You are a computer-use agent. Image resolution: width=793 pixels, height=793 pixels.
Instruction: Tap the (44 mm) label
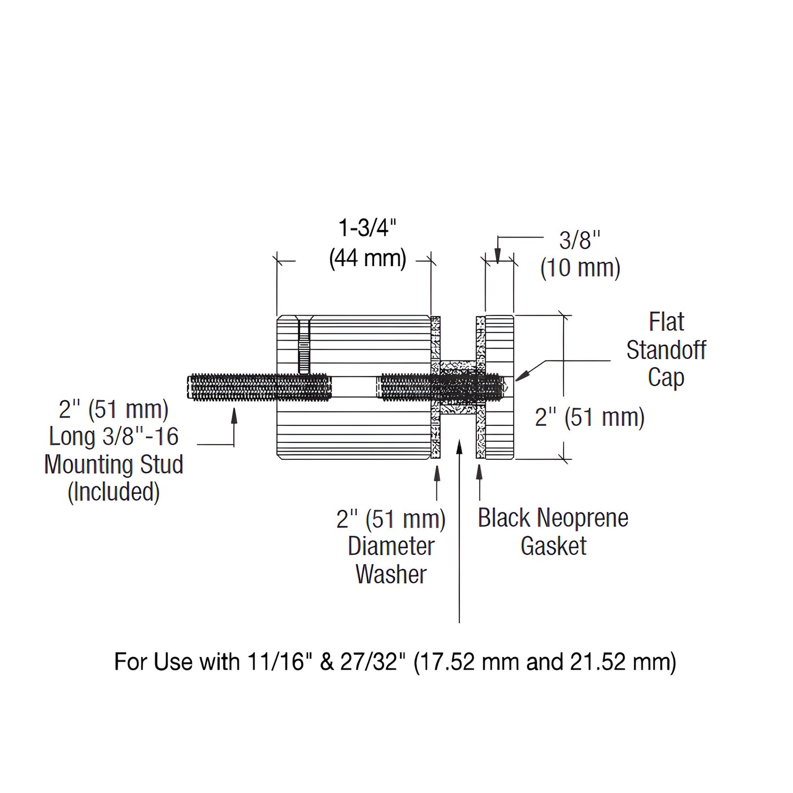tap(368, 257)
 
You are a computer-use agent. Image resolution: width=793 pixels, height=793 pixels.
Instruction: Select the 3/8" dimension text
tap(580, 240)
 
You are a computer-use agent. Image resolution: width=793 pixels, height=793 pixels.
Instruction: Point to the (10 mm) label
tap(580, 268)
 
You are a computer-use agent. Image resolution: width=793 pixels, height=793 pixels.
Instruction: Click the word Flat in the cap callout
tap(666, 322)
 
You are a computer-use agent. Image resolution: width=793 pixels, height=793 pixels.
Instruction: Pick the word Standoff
tap(666, 350)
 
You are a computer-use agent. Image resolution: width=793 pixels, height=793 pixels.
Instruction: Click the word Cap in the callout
tap(666, 378)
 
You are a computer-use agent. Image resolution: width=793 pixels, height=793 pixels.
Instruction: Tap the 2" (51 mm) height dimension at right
tap(589, 418)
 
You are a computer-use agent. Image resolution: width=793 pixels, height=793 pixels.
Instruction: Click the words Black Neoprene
tap(553, 518)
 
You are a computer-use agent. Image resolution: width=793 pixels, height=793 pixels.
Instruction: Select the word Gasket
tap(553, 546)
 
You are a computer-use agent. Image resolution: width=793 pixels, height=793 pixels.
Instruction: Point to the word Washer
tap(391, 574)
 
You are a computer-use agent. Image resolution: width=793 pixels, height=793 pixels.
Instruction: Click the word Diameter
tap(391, 546)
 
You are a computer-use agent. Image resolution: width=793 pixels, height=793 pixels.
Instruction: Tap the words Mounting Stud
tap(114, 464)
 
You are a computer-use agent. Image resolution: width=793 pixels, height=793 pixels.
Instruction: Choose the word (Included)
tap(114, 492)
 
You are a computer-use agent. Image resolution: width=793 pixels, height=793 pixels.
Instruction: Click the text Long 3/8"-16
tap(114, 437)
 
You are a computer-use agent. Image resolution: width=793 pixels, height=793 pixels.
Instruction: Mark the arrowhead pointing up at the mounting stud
tap(234, 415)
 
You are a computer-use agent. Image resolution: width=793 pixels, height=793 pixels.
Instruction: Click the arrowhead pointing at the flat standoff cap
tap(522, 375)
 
